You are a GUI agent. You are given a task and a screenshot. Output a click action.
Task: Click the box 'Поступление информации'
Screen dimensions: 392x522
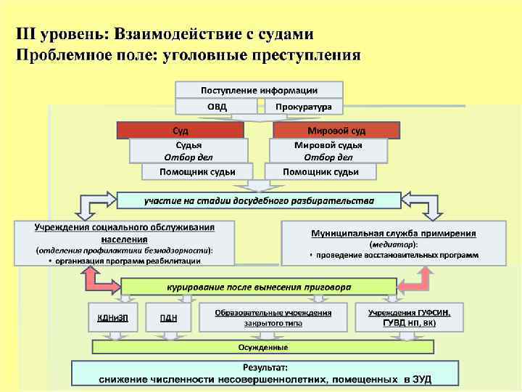(x=259, y=90)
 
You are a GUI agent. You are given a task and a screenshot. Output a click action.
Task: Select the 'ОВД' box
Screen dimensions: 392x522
(x=216, y=107)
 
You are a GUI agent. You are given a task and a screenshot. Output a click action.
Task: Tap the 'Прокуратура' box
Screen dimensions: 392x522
(x=303, y=107)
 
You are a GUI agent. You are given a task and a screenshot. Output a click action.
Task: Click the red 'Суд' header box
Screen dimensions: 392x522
(x=181, y=131)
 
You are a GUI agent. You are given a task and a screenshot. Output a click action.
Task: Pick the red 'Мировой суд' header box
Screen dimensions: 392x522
(x=336, y=131)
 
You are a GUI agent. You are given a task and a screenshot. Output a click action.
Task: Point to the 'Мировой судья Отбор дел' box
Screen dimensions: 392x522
(x=328, y=150)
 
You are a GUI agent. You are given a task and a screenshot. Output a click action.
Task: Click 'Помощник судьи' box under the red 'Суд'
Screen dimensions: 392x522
(x=188, y=172)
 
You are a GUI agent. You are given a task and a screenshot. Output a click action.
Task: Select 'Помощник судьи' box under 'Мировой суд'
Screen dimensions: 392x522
(x=320, y=172)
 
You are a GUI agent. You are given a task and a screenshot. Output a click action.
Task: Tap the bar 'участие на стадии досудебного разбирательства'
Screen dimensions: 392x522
(x=259, y=200)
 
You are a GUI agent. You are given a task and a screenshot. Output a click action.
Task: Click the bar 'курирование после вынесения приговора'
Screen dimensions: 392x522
(x=259, y=287)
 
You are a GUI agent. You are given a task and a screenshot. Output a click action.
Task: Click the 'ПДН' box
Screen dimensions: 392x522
(x=167, y=317)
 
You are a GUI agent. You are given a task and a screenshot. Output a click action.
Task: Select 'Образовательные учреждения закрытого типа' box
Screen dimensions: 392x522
(x=273, y=317)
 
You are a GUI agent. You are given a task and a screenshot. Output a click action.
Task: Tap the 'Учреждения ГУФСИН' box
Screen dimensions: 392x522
(x=409, y=317)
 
